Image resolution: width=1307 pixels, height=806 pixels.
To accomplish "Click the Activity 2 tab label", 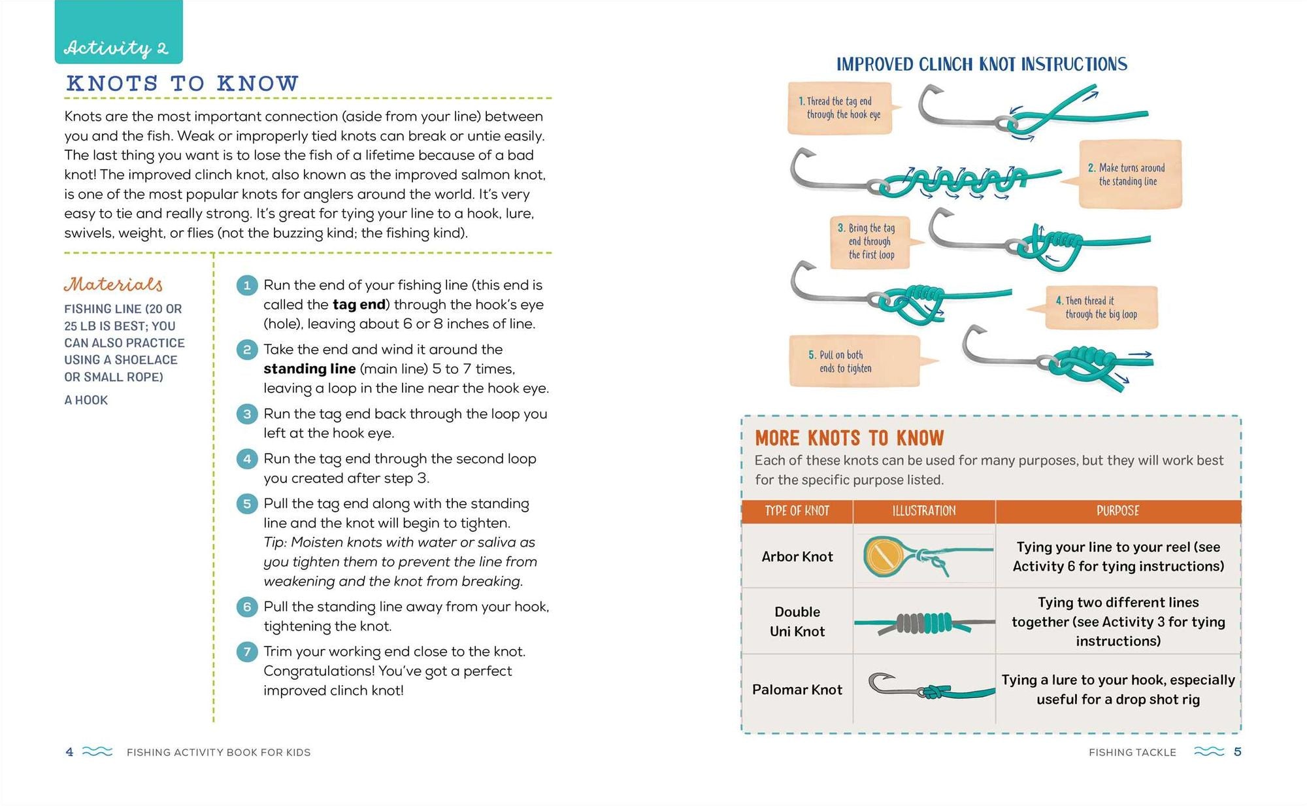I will click(x=116, y=48).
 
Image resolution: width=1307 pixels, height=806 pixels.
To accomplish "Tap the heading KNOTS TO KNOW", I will click(x=182, y=84).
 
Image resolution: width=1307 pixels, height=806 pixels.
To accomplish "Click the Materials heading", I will click(x=113, y=284).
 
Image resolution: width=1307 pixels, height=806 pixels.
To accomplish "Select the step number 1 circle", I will click(x=247, y=286).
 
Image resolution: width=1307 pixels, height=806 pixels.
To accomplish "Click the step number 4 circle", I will click(x=247, y=459).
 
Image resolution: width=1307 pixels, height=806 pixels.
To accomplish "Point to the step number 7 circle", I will click(x=247, y=652).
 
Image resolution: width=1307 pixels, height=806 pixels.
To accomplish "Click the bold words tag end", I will click(x=359, y=305).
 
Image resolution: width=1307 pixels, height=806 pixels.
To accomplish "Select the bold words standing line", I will click(x=310, y=369).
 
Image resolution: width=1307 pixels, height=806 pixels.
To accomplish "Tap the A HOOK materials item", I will click(x=86, y=400).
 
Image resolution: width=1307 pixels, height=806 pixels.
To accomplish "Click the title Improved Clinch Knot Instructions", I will click(x=982, y=64).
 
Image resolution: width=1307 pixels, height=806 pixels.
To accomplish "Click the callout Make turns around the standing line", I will click(x=1131, y=175).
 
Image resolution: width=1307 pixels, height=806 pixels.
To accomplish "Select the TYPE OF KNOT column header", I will click(x=797, y=511).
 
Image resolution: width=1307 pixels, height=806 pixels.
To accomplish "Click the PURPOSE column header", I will click(x=1117, y=511).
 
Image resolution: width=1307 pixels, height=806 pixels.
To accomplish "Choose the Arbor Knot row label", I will click(x=797, y=556).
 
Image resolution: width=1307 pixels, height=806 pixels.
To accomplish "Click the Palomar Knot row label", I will click(x=797, y=690).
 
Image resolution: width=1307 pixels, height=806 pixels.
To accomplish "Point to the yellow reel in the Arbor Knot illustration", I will click(x=885, y=556).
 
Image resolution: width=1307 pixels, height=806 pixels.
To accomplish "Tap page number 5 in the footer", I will click(x=1237, y=752).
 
